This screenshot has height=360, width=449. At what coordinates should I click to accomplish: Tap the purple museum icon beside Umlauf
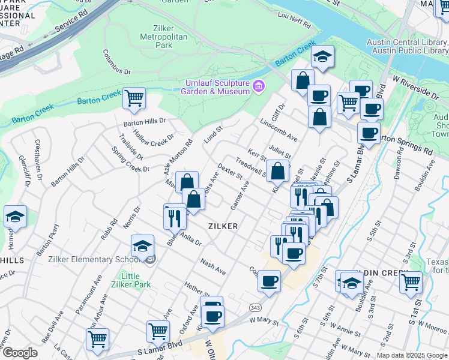259,86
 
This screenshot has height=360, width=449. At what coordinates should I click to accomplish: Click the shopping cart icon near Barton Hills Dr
134,98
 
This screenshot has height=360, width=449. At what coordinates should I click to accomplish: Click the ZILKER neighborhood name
223,226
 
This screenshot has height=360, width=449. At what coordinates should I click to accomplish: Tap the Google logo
19,353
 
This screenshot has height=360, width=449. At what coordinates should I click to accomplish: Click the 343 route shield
256,307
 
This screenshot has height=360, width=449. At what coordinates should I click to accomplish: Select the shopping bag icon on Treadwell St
277,172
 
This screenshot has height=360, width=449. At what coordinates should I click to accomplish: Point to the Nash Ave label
213,267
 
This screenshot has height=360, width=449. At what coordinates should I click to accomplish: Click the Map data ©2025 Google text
411,355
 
